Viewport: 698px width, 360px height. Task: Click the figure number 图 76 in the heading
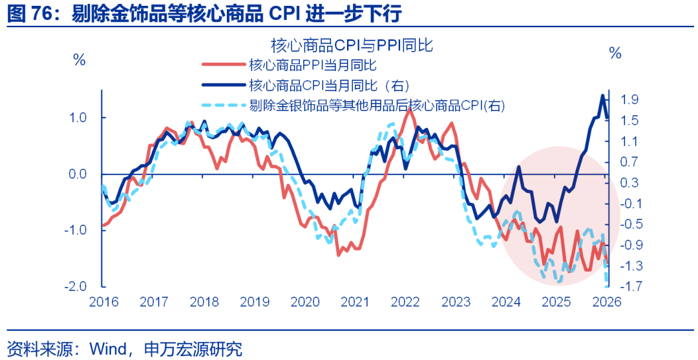pyautogui.click(x=31, y=14)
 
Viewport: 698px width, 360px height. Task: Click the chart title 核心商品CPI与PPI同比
pyautogui.click(x=351, y=46)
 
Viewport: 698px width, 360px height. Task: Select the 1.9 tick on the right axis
pyautogui.click(x=629, y=100)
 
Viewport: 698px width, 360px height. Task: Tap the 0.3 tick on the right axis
pyautogui.click(x=629, y=183)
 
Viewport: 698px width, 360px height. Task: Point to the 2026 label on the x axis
pyautogui.click(x=606, y=302)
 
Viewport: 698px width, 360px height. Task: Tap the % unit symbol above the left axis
pyautogui.click(x=79, y=60)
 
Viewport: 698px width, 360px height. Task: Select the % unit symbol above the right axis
pyautogui.click(x=615, y=53)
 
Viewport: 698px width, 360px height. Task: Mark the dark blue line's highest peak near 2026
pyautogui.click(x=602, y=96)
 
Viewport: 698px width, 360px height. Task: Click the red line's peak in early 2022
pyautogui.click(x=408, y=109)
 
